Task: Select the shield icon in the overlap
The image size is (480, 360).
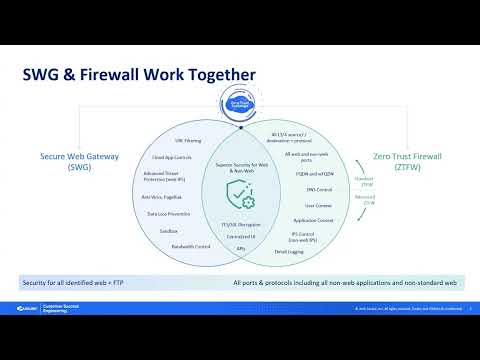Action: pos(239,195)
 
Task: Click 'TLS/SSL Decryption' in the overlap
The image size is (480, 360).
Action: pos(239,226)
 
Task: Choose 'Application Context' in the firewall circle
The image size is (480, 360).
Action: pos(307,219)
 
